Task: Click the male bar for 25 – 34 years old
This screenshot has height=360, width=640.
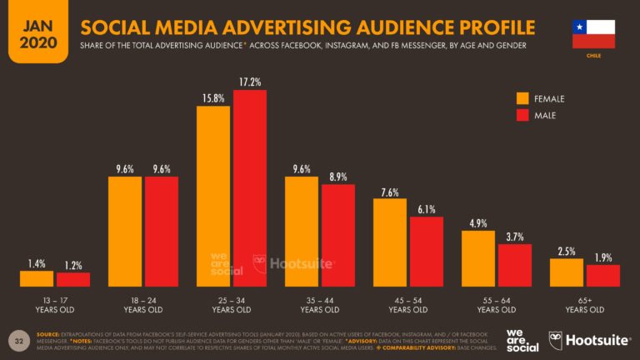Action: (249, 187)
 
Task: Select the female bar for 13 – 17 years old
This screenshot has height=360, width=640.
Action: (37, 278)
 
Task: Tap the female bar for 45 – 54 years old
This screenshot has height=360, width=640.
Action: (390, 242)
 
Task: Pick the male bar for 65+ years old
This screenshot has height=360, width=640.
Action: (602, 276)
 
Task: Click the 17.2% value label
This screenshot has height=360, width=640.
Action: (249, 82)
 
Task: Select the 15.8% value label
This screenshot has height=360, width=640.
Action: (213, 98)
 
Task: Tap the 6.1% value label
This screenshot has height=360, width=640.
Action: (426, 208)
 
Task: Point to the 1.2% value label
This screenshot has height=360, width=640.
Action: (72, 265)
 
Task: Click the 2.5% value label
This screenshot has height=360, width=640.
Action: (567, 251)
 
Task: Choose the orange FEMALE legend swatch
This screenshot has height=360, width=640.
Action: (523, 98)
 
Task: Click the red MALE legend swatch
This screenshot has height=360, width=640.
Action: (523, 115)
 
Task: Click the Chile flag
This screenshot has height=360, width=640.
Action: (593, 33)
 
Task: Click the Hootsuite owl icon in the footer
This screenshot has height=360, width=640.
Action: (556, 340)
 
